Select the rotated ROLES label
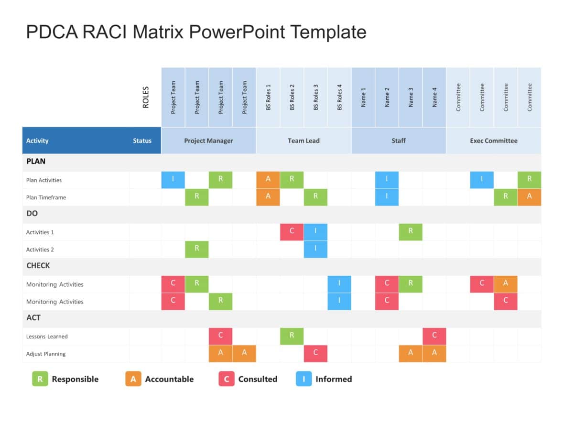(146, 97)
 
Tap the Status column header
(142, 141)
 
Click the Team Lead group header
(304, 141)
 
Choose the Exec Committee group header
(493, 141)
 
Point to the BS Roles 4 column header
(339, 97)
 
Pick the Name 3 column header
(411, 97)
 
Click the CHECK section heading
(38, 266)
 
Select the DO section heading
(32, 214)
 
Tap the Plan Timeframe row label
(46, 197)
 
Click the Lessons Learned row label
(47, 336)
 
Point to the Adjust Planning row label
(46, 354)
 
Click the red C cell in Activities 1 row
(292, 232)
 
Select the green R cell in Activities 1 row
(411, 232)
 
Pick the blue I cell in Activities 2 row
(315, 249)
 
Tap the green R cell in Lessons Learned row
(292, 336)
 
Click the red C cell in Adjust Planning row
(315, 354)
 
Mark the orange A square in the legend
(133, 379)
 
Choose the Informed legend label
(334, 379)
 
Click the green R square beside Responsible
(40, 379)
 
